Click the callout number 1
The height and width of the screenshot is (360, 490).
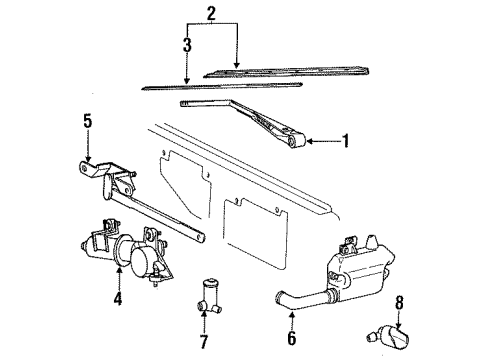pyautogui.click(x=347, y=141)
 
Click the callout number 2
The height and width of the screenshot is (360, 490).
pyautogui.click(x=211, y=14)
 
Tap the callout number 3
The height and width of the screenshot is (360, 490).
pyautogui.click(x=186, y=45)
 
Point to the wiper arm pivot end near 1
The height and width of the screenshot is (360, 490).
pyautogui.click(x=295, y=144)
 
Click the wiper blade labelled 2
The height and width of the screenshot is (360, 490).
pyautogui.click(x=270, y=72)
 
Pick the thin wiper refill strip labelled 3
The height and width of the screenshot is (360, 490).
pyautogui.click(x=220, y=87)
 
